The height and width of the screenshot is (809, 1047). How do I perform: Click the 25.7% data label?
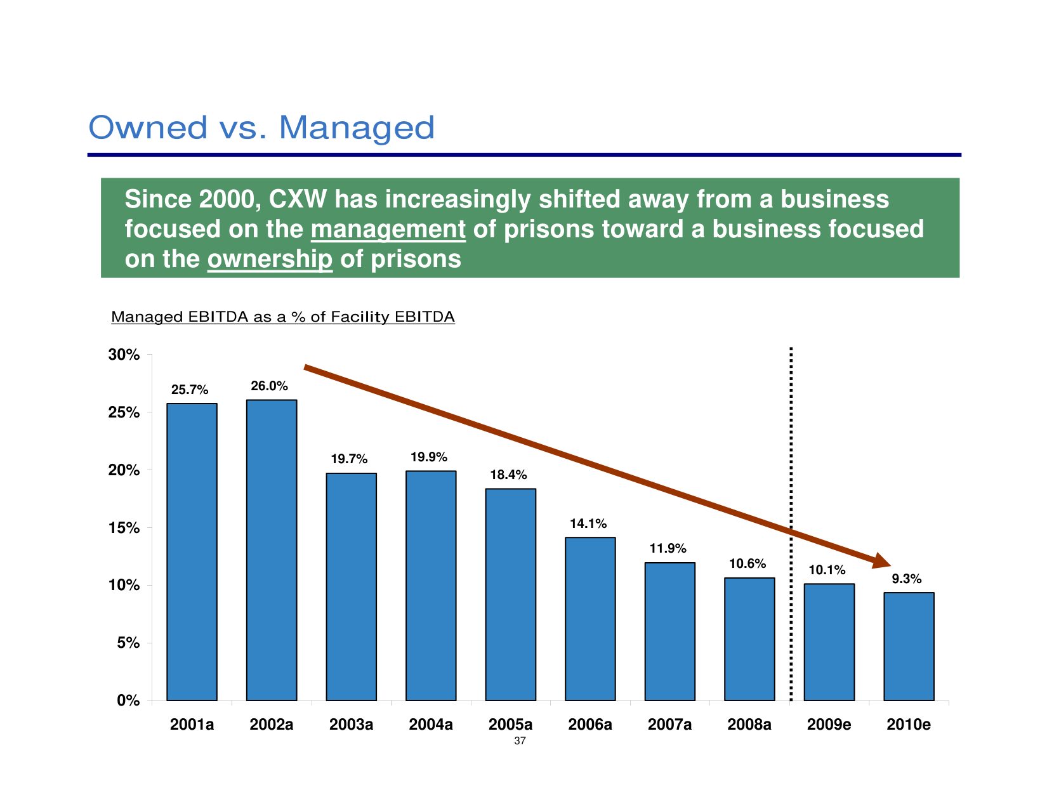[190, 390]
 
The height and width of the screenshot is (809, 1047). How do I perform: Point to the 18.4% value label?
[508, 475]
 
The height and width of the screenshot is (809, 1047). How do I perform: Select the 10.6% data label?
[747, 563]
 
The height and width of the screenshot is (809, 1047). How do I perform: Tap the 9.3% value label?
[907, 579]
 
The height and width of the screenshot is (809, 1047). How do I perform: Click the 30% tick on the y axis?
[124, 355]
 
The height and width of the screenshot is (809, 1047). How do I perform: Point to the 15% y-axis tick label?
[124, 528]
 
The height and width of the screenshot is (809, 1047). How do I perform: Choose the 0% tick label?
[128, 700]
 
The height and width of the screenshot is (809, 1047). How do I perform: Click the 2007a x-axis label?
[669, 725]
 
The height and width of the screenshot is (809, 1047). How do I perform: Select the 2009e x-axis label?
[829, 725]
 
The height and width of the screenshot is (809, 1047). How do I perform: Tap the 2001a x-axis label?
[192, 725]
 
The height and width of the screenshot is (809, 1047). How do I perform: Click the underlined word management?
[388, 230]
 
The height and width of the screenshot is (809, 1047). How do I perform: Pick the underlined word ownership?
[270, 260]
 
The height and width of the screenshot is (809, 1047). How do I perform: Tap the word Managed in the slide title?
[357, 128]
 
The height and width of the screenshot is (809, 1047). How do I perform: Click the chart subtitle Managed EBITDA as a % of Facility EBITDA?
[283, 317]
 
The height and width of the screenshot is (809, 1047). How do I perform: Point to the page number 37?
[520, 741]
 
